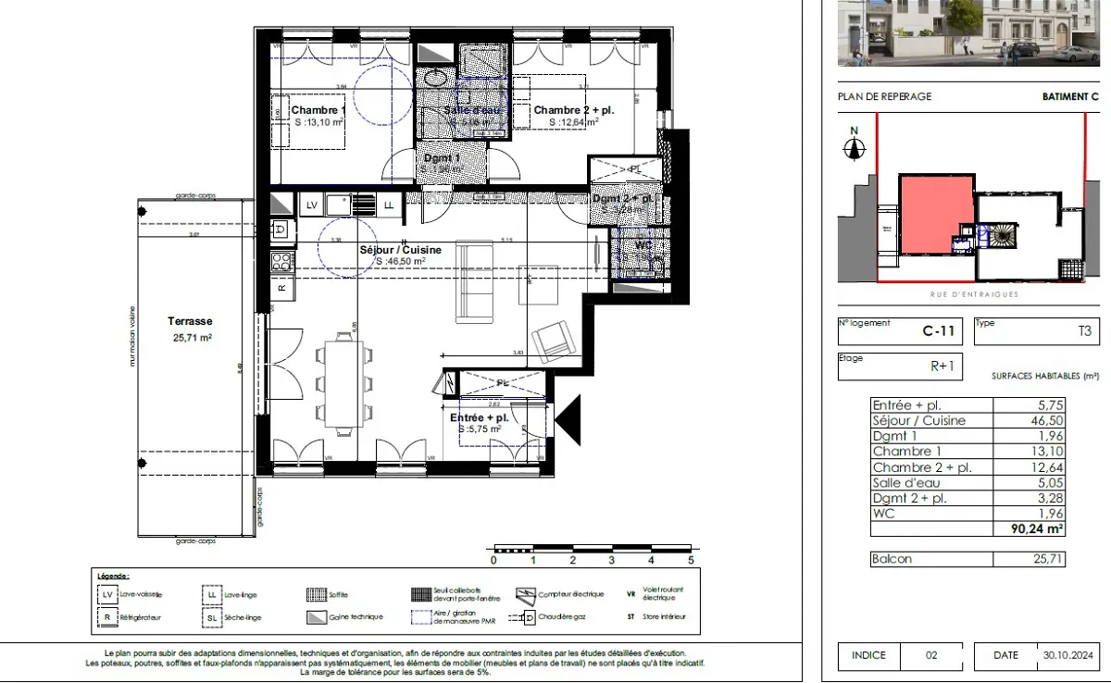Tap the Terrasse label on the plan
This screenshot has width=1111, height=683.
click(190, 320)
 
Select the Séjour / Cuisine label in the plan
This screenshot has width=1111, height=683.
click(400, 250)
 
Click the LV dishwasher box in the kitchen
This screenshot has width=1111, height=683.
click(312, 204)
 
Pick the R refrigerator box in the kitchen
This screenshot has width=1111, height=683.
click(281, 288)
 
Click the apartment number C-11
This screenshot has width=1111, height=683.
click(940, 329)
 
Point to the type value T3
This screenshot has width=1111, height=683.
click(1083, 330)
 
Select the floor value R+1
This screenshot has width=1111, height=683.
click(942, 366)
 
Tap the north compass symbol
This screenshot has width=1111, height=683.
click(855, 147)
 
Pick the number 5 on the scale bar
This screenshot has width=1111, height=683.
click(691, 560)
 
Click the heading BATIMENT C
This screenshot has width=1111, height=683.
click(1069, 96)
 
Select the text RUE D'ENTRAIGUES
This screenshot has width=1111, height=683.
click(974, 294)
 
